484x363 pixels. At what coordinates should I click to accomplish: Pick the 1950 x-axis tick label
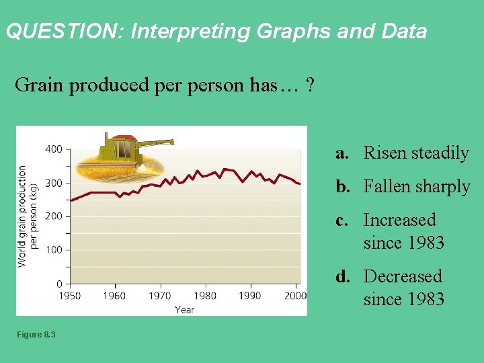coord(69,296)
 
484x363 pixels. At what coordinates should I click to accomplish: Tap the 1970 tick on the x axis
coord(160,296)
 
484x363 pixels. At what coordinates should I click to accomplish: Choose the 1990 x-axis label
coord(250,296)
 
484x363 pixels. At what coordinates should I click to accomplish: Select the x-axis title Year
coord(184,310)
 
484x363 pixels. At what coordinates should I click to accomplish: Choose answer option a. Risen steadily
coord(403,153)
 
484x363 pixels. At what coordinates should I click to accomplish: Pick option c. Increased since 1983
coord(391,231)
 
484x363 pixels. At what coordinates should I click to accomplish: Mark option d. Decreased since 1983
coord(391,288)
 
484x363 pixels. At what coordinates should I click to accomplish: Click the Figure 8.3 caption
coord(37,335)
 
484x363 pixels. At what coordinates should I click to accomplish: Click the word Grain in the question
coord(35,85)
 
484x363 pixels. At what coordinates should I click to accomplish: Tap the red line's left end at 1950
coord(71,200)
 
